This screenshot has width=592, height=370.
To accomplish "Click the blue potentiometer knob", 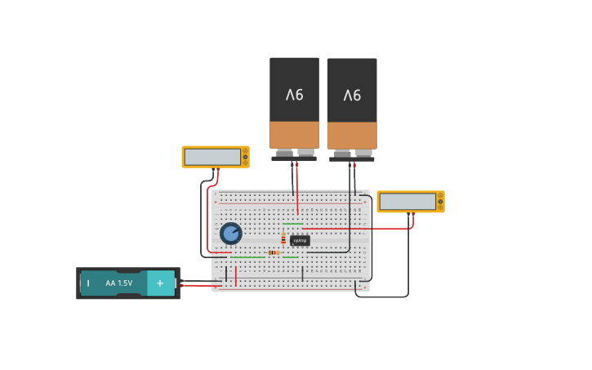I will click(231, 234).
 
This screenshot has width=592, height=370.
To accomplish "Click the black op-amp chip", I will click(300, 241).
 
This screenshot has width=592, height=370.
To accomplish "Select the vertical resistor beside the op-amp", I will click(283, 239).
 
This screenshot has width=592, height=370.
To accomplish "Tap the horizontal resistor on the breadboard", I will click(273, 252).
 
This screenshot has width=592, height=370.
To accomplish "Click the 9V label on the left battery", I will click(294, 95).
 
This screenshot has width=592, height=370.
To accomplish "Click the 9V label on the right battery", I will click(352, 96).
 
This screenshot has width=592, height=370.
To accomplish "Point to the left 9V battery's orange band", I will click(294, 135).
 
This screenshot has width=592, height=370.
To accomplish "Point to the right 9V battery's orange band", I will click(352, 136).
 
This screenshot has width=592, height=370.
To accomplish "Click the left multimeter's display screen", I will click(212, 157).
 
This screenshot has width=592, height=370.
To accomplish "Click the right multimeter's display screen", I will click(407, 202).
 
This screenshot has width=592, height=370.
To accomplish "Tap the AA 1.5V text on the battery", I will click(118, 283).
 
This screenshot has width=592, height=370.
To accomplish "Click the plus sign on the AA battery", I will click(160, 283).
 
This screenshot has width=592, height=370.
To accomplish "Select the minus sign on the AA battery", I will click(88, 283).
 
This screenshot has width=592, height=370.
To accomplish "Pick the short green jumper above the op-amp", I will click(292, 224).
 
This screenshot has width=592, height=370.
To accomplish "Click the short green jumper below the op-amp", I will click(290, 257).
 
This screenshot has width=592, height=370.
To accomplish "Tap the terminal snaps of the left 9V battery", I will click(294, 153).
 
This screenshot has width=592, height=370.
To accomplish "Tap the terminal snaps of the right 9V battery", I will click(352, 154).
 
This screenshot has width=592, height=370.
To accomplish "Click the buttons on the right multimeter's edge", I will click(440, 202).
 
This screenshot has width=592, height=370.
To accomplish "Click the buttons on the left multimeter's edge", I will click(245, 157).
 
